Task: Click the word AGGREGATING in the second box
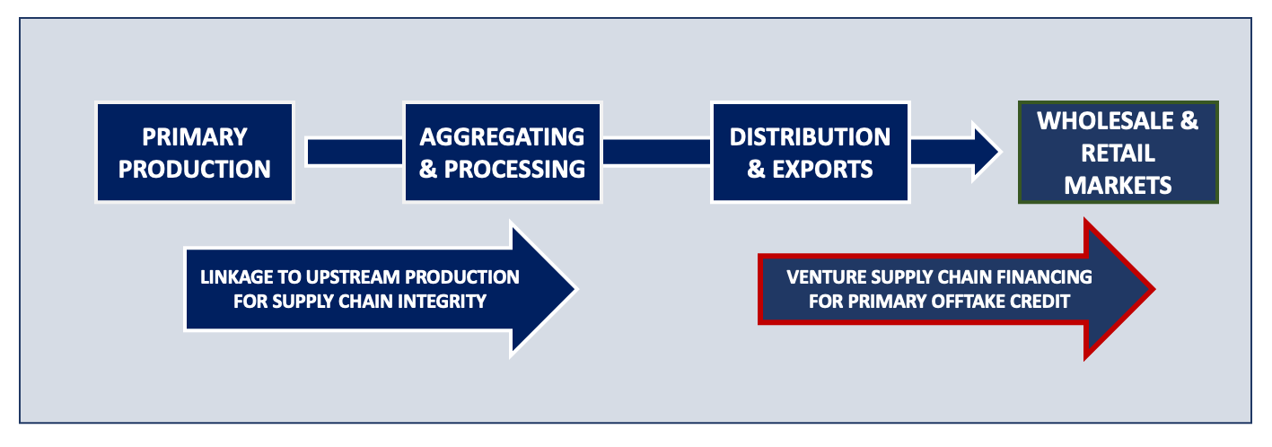502,137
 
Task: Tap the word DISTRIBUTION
810,137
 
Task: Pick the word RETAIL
1118,153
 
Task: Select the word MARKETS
1118,185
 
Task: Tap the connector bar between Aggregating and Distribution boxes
657,152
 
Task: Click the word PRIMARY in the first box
195,137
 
